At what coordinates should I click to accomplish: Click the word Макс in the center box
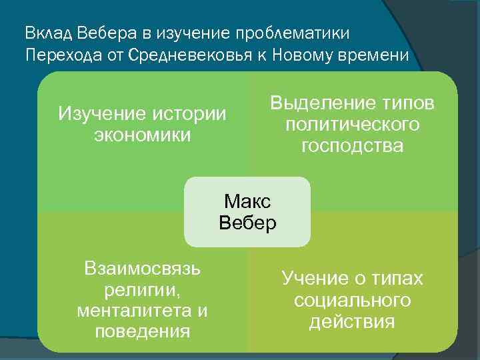[x=247, y=201]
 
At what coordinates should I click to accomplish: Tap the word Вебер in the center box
[x=247, y=223]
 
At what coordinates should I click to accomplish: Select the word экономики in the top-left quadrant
[x=143, y=135]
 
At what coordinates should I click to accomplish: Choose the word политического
[x=352, y=125]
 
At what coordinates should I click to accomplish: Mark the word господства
[x=352, y=146]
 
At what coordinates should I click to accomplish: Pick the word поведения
[x=143, y=331]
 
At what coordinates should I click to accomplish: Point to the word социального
[x=352, y=300]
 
